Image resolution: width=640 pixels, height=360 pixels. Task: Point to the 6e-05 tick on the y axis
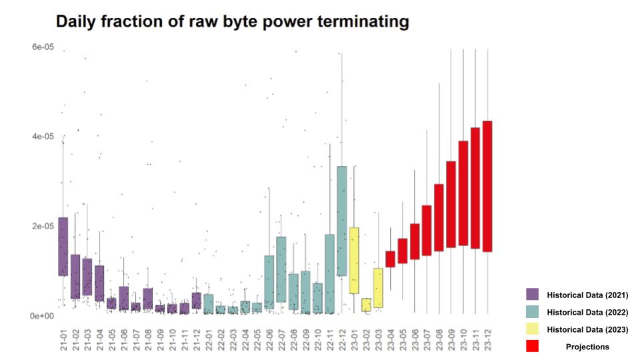tap(33, 46)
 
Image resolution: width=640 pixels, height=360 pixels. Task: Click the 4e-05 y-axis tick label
tap(33, 137)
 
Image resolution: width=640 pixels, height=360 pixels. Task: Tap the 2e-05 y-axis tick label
tap(33, 226)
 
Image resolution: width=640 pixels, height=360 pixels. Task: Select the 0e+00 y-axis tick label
tap(33, 315)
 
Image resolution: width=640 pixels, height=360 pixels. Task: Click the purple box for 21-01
tap(63, 246)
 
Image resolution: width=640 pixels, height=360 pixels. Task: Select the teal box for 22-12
tap(342, 221)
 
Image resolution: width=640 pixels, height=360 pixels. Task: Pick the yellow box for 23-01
tap(354, 260)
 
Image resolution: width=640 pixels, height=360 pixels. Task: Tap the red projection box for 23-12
tap(487, 186)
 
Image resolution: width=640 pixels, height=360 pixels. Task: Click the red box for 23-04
tap(390, 259)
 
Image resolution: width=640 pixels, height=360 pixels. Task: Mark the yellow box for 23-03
tap(378, 287)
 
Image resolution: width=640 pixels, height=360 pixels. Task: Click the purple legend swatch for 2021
tap(532, 295)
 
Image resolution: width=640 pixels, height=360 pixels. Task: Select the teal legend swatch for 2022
tap(532, 312)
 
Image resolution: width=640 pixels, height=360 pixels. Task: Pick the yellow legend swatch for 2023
tap(532, 329)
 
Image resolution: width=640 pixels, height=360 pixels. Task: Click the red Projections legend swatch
tap(532, 347)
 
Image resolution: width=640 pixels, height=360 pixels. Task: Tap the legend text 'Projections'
tap(587, 347)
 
